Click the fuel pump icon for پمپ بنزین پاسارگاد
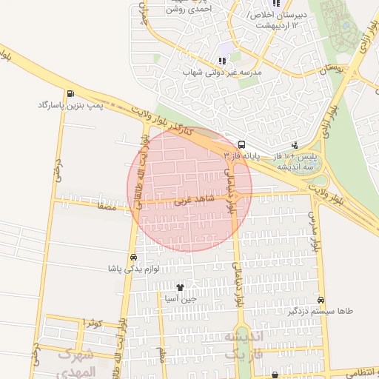coord(70,93)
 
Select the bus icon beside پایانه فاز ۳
coord(242,145)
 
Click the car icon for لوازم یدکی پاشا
coord(133,256)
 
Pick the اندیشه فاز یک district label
coord(242,346)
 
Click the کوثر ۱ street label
coord(92,323)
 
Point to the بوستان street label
coord(335,68)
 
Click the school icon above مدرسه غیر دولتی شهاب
coord(222,60)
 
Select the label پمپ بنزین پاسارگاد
coord(68,106)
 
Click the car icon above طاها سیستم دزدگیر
coord(321,300)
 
